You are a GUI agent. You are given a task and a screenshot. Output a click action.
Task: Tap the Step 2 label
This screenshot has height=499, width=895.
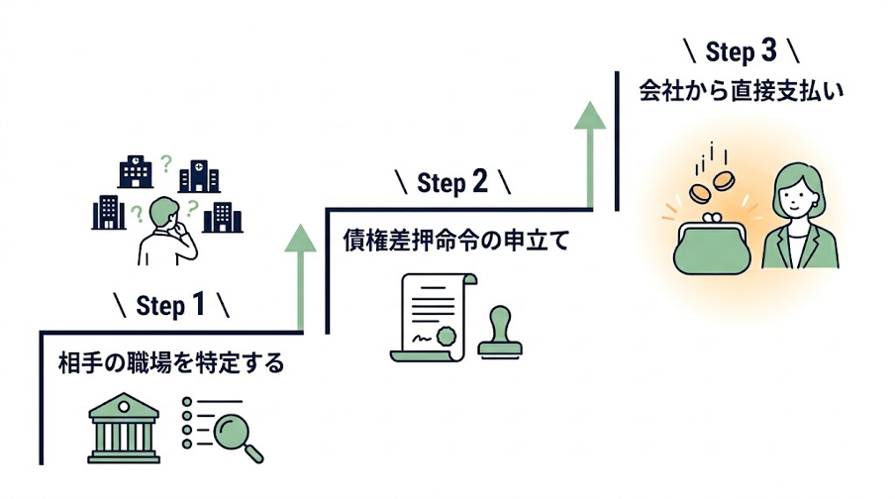point(452,182)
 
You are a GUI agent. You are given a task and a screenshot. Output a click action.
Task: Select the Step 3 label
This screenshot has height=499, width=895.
point(742,52)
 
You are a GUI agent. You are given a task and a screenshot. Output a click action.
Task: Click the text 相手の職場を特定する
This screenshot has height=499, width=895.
point(171,363)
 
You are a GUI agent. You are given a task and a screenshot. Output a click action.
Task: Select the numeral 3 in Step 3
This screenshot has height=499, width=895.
point(769,51)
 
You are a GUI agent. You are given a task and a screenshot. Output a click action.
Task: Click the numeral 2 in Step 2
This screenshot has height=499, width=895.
point(480,181)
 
